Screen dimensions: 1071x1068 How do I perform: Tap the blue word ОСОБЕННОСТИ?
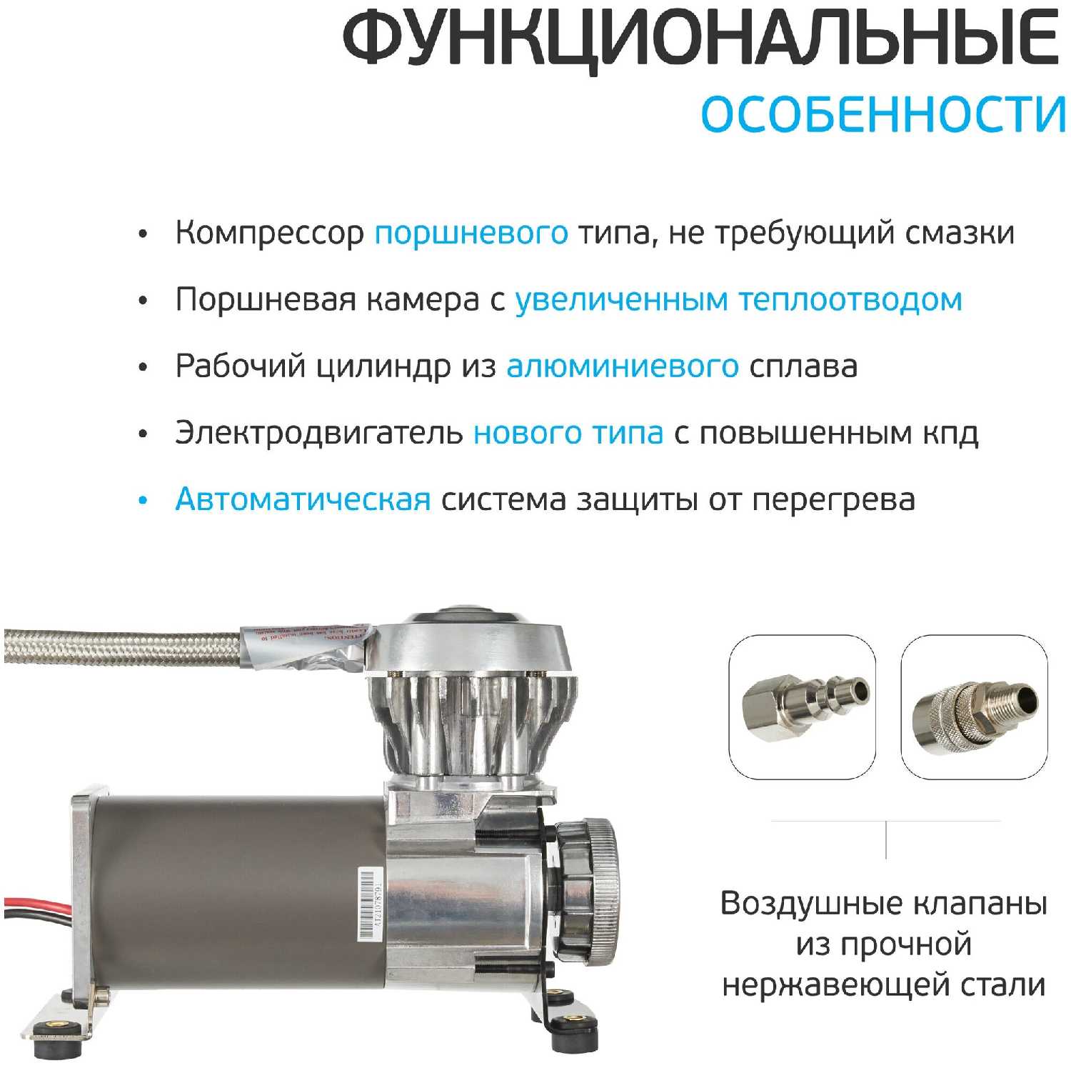pyautogui.click(x=883, y=114)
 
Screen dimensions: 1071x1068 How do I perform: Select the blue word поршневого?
pyautogui.click(x=471, y=234)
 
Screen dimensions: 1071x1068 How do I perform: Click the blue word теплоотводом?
pyautogui.click(x=850, y=299)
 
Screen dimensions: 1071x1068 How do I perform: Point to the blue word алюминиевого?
pyautogui.click(x=623, y=366)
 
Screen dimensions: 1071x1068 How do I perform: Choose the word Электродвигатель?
pyautogui.click(x=319, y=434)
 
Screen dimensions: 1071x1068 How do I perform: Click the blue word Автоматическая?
pyautogui.click(x=303, y=499)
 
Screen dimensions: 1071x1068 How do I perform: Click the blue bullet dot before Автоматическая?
pyautogui.click(x=143, y=501)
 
